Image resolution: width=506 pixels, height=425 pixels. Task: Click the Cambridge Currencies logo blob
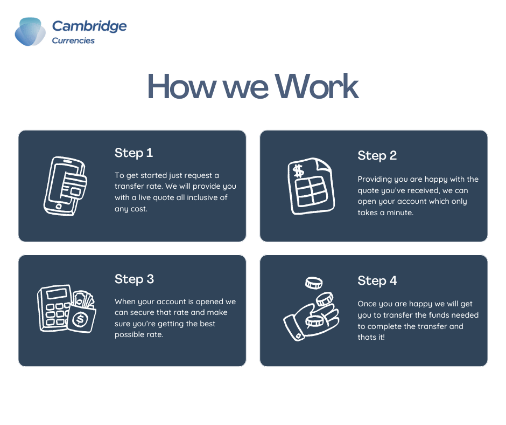pos(30,32)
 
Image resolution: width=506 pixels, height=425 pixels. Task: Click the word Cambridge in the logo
pos(89,26)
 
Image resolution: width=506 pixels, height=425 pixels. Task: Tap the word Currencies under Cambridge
pos(73,40)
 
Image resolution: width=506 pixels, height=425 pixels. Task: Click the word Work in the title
pos(317,86)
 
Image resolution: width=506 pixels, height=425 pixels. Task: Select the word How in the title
pos(182,86)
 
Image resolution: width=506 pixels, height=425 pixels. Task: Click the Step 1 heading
pos(133,153)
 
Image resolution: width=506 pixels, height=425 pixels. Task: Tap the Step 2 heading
pos(377,155)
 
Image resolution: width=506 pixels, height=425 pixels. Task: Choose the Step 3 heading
pos(134,279)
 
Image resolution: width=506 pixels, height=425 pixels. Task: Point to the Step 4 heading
pos(377,281)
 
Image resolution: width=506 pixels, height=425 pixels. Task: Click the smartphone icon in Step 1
pos(65,186)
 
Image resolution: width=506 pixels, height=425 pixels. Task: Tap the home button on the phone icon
pos(59,207)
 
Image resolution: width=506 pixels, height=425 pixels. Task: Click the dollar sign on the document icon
pos(298,171)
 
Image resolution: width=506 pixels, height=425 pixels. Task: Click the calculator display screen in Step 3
pos(57,294)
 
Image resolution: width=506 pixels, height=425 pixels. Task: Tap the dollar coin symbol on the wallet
pos(80,319)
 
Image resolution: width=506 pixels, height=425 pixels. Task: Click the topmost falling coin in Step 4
pos(314,283)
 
